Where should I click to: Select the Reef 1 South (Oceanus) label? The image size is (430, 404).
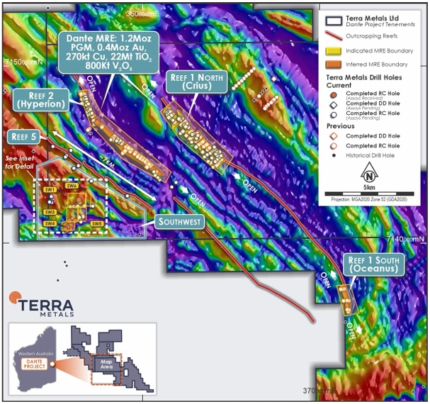click(x=373, y=266)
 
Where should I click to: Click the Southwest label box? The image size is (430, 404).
click(x=180, y=222)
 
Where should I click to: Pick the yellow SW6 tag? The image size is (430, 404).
click(x=72, y=186)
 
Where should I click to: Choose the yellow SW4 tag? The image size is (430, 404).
click(x=50, y=224)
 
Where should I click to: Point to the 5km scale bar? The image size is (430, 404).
click(x=368, y=186)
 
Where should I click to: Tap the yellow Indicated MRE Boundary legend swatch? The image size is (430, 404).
click(x=333, y=52)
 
